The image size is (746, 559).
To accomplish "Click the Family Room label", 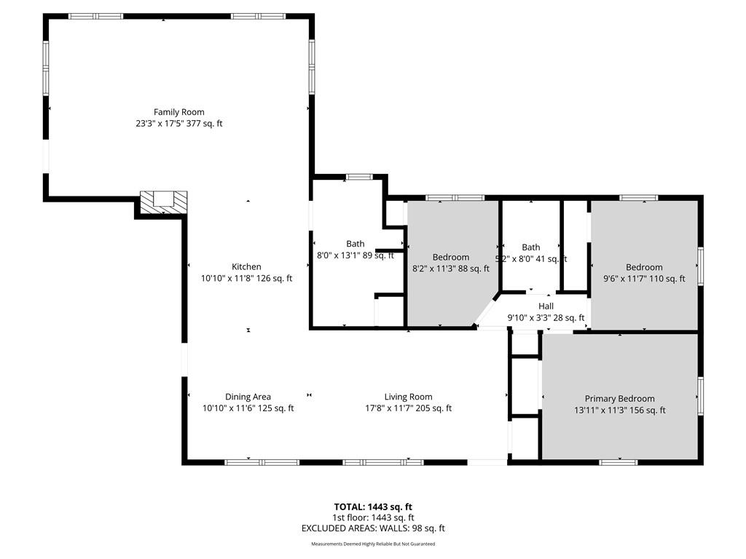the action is point(179,112).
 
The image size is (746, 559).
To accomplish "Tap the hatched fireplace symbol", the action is point(164,202).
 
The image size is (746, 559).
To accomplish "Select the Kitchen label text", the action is point(246,266).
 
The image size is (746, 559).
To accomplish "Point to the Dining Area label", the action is point(248,397).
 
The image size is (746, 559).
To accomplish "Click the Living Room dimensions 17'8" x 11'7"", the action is point(389,408).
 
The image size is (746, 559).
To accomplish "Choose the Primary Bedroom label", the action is point(619,399).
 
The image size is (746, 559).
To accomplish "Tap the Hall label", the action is point(546,306).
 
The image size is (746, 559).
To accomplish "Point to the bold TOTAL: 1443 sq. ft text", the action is point(373,507).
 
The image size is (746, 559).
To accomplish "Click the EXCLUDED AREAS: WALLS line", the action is point(373,528).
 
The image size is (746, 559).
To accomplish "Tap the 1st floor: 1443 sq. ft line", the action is point(373,518).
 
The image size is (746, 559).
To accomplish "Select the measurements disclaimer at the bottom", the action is point(373,544).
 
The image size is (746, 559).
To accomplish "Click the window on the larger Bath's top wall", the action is point(359,178).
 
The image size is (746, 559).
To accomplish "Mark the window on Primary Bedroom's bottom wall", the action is point(618,462).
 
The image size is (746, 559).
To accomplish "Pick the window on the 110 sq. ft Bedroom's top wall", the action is point(638,198).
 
